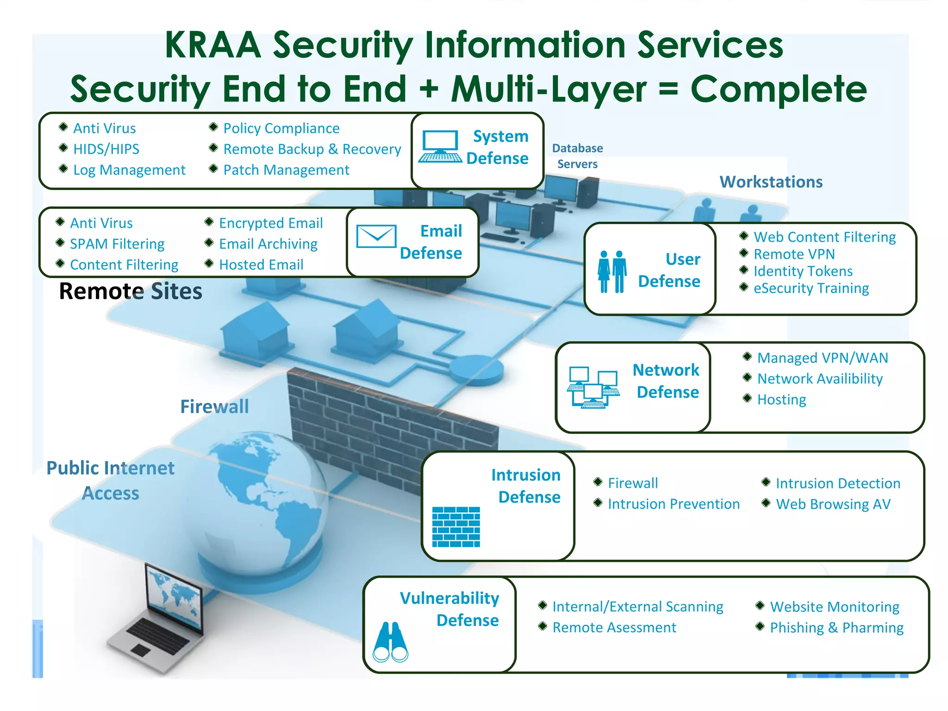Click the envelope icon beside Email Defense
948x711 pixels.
pos(376,237)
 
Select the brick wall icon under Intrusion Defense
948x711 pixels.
pos(456,527)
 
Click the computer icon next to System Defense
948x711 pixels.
pos(440,147)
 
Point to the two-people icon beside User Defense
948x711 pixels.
pos(612,272)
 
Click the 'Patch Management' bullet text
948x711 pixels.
pos(286,170)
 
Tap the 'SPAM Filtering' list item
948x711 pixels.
pos(117,244)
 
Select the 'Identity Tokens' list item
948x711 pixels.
pos(803,271)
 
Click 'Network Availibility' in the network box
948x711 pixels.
pos(820,379)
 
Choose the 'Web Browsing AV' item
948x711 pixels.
pos(833,504)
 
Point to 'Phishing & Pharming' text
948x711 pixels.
pos(836,628)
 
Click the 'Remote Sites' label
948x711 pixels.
pos(131,292)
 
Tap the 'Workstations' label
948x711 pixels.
pos(771,182)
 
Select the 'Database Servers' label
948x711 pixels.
pos(577,156)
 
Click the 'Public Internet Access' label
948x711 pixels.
pos(111,480)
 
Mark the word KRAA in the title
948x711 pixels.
pos(213,45)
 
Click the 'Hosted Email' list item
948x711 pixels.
pos(261,265)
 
